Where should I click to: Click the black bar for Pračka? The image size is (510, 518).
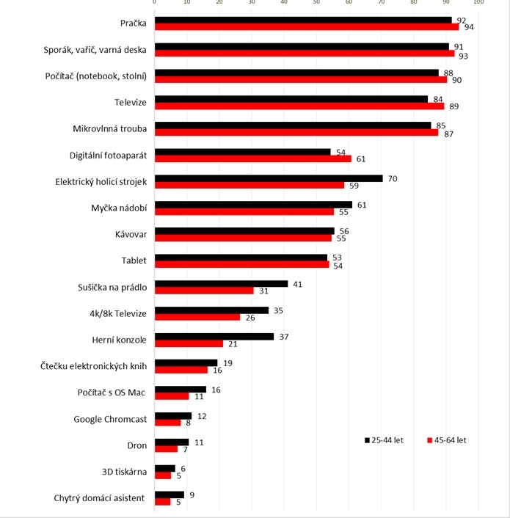coord(303,20)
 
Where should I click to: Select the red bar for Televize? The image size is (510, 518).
coord(299,106)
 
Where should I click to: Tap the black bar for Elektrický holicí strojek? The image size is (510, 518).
coord(268,178)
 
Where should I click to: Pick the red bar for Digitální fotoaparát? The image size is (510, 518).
coord(252,158)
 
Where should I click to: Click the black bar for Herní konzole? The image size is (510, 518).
coord(214,337)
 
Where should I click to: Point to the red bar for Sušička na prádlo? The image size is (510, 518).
coord(204,291)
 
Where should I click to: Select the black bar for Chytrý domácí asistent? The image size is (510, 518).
coord(169,495)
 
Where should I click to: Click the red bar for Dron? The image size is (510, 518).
coord(166,449)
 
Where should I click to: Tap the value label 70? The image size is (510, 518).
coord(393,178)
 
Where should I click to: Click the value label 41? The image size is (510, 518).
coord(299,283)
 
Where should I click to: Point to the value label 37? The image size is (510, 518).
coord(285,337)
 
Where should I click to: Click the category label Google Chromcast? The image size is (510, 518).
coord(110,419)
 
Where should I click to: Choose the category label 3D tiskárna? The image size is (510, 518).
coord(123,472)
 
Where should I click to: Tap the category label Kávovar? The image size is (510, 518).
coord(131,234)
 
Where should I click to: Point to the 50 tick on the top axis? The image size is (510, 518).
coord(316,4)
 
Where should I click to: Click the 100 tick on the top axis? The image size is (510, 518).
coord(478,4)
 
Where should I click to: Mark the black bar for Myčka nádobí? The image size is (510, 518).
coord(253,204)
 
